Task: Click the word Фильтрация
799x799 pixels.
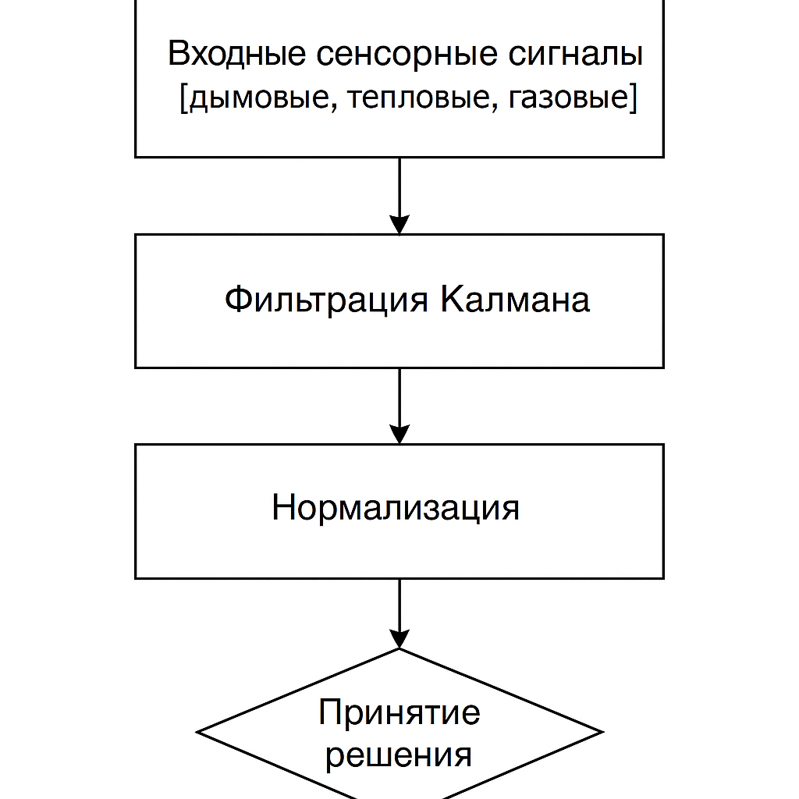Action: pos(326,300)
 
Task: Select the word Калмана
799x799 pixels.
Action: pos(515,300)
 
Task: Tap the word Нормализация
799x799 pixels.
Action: pos(396,508)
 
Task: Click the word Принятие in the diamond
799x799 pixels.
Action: pos(399,712)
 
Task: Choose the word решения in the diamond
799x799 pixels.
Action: pos(399,755)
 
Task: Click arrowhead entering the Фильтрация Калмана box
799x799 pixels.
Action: pos(399,225)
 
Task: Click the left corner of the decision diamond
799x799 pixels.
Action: pos(199,732)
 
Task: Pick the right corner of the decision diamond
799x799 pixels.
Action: pos(601,732)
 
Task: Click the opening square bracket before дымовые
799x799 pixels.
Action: pos(183,100)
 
